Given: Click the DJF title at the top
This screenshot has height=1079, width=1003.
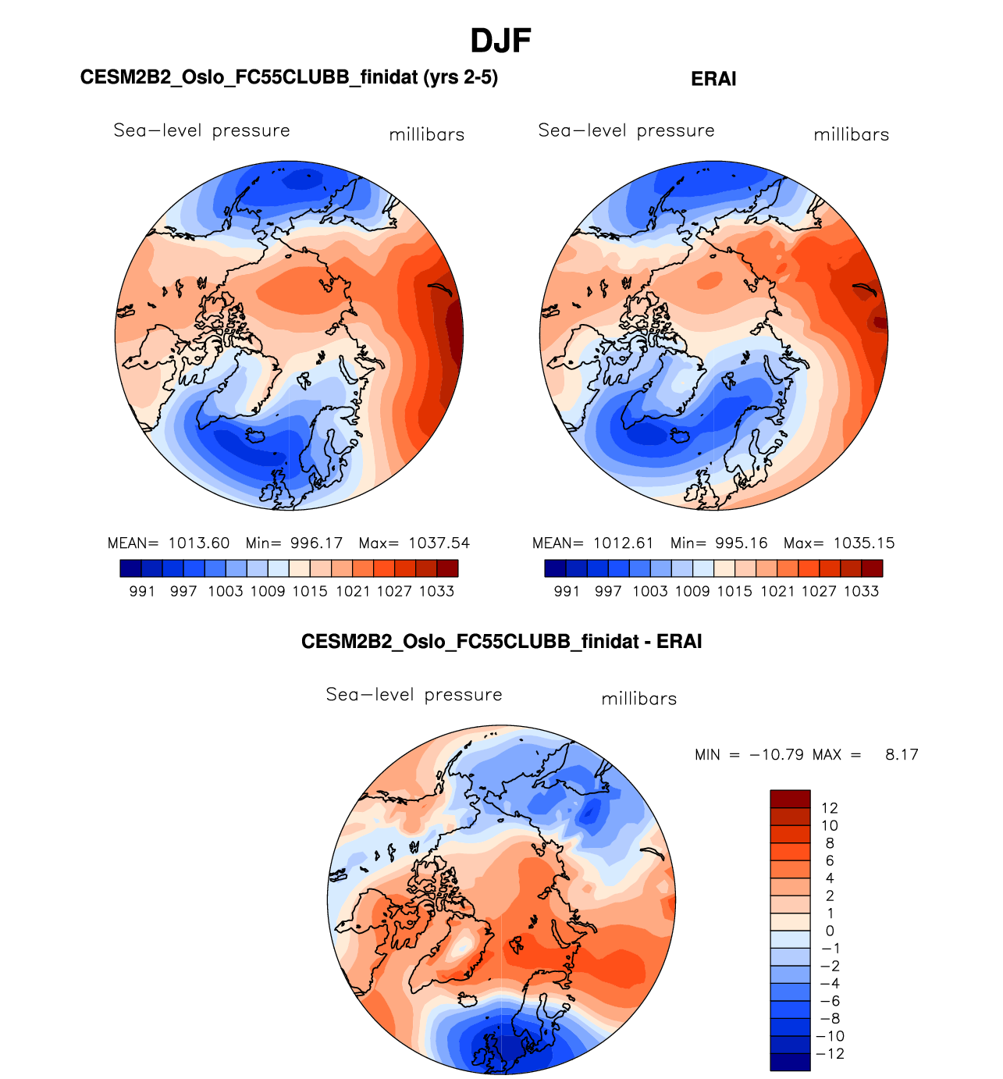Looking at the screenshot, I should [x=500, y=41].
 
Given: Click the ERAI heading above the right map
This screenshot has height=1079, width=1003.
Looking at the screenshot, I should [x=713, y=79].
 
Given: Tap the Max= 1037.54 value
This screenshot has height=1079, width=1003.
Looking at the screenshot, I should [x=414, y=543].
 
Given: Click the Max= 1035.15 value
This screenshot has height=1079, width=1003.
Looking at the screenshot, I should [x=839, y=543].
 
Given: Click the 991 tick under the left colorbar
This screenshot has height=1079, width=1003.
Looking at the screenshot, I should [x=142, y=592].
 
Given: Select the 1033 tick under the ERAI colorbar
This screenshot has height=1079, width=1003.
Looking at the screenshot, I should [x=861, y=592].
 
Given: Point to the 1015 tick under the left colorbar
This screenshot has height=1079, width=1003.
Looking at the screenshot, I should [x=310, y=592].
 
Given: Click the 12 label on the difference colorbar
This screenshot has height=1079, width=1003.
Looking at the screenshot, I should [x=829, y=808].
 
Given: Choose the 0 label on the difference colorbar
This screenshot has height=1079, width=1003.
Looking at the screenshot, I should [x=830, y=931].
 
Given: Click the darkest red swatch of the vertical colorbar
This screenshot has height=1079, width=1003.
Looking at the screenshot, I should [x=790, y=799].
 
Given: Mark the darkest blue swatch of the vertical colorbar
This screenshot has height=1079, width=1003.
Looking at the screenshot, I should [x=790, y=1062].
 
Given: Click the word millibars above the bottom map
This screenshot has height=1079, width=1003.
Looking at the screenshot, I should [x=638, y=699].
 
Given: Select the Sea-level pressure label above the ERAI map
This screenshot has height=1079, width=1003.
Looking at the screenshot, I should [x=626, y=130].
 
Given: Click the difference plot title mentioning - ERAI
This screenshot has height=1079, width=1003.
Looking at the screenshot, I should [x=501, y=642].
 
